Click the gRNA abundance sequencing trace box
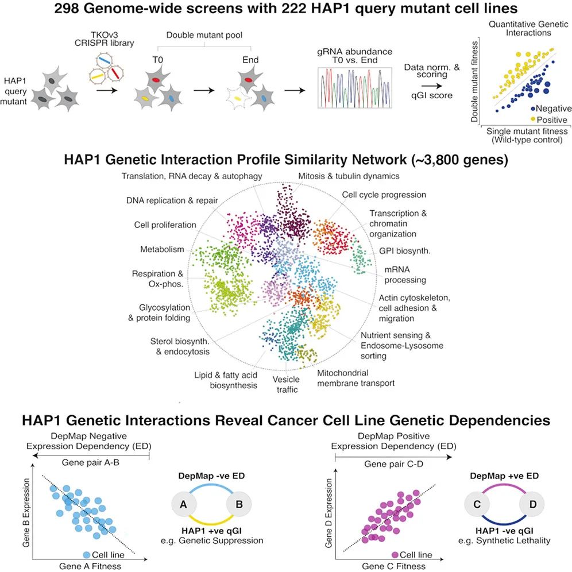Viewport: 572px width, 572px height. (x=354, y=87)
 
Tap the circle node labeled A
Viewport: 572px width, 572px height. (x=184, y=504)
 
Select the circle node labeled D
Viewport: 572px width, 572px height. (x=532, y=504)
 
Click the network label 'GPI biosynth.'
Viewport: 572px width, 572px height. (x=404, y=251)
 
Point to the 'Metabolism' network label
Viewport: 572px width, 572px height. (x=162, y=249)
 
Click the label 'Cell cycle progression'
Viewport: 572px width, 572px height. (x=384, y=195)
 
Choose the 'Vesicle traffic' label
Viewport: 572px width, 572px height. (x=287, y=385)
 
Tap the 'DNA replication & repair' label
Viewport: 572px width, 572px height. (x=172, y=200)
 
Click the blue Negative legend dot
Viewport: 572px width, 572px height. (x=533, y=109)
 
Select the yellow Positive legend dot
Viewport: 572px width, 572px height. (x=533, y=119)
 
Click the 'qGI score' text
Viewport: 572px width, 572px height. (x=432, y=95)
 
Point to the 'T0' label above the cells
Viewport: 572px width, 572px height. (x=157, y=60)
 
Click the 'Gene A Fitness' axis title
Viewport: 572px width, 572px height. (x=90, y=566)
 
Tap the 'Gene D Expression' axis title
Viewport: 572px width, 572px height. (x=328, y=513)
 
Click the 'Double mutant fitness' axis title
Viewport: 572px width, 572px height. (x=474, y=82)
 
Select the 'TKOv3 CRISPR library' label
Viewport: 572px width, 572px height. (x=105, y=39)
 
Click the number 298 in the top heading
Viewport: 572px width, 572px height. (x=67, y=8)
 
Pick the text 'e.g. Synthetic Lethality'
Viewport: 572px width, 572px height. (x=504, y=540)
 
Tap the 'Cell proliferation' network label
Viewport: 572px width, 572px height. (x=165, y=225)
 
